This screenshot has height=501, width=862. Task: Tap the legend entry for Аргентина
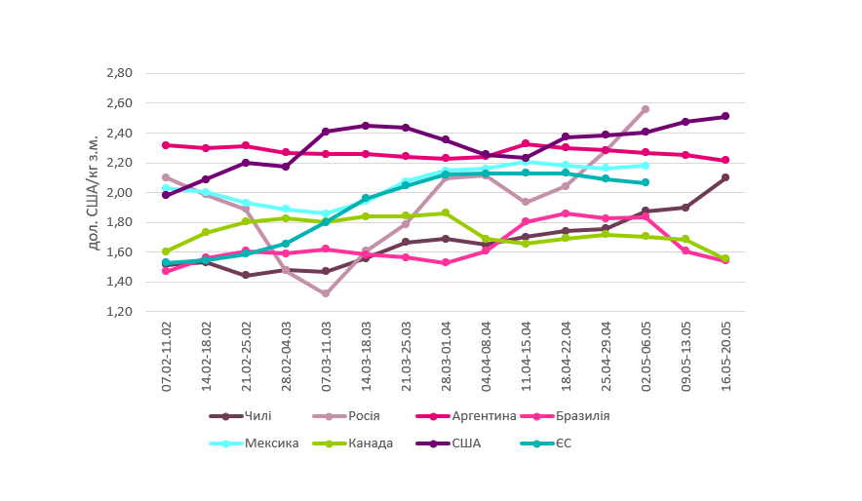(483, 416)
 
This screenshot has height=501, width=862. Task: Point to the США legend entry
(466, 443)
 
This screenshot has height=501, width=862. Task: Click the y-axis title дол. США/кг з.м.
(94, 192)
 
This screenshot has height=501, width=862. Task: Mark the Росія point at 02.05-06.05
(646, 109)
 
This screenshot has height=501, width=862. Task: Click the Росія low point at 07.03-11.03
(326, 293)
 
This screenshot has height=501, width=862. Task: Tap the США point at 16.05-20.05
(725, 117)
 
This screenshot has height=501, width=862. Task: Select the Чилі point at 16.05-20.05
(725, 177)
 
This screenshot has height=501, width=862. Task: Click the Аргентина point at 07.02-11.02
(167, 145)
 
